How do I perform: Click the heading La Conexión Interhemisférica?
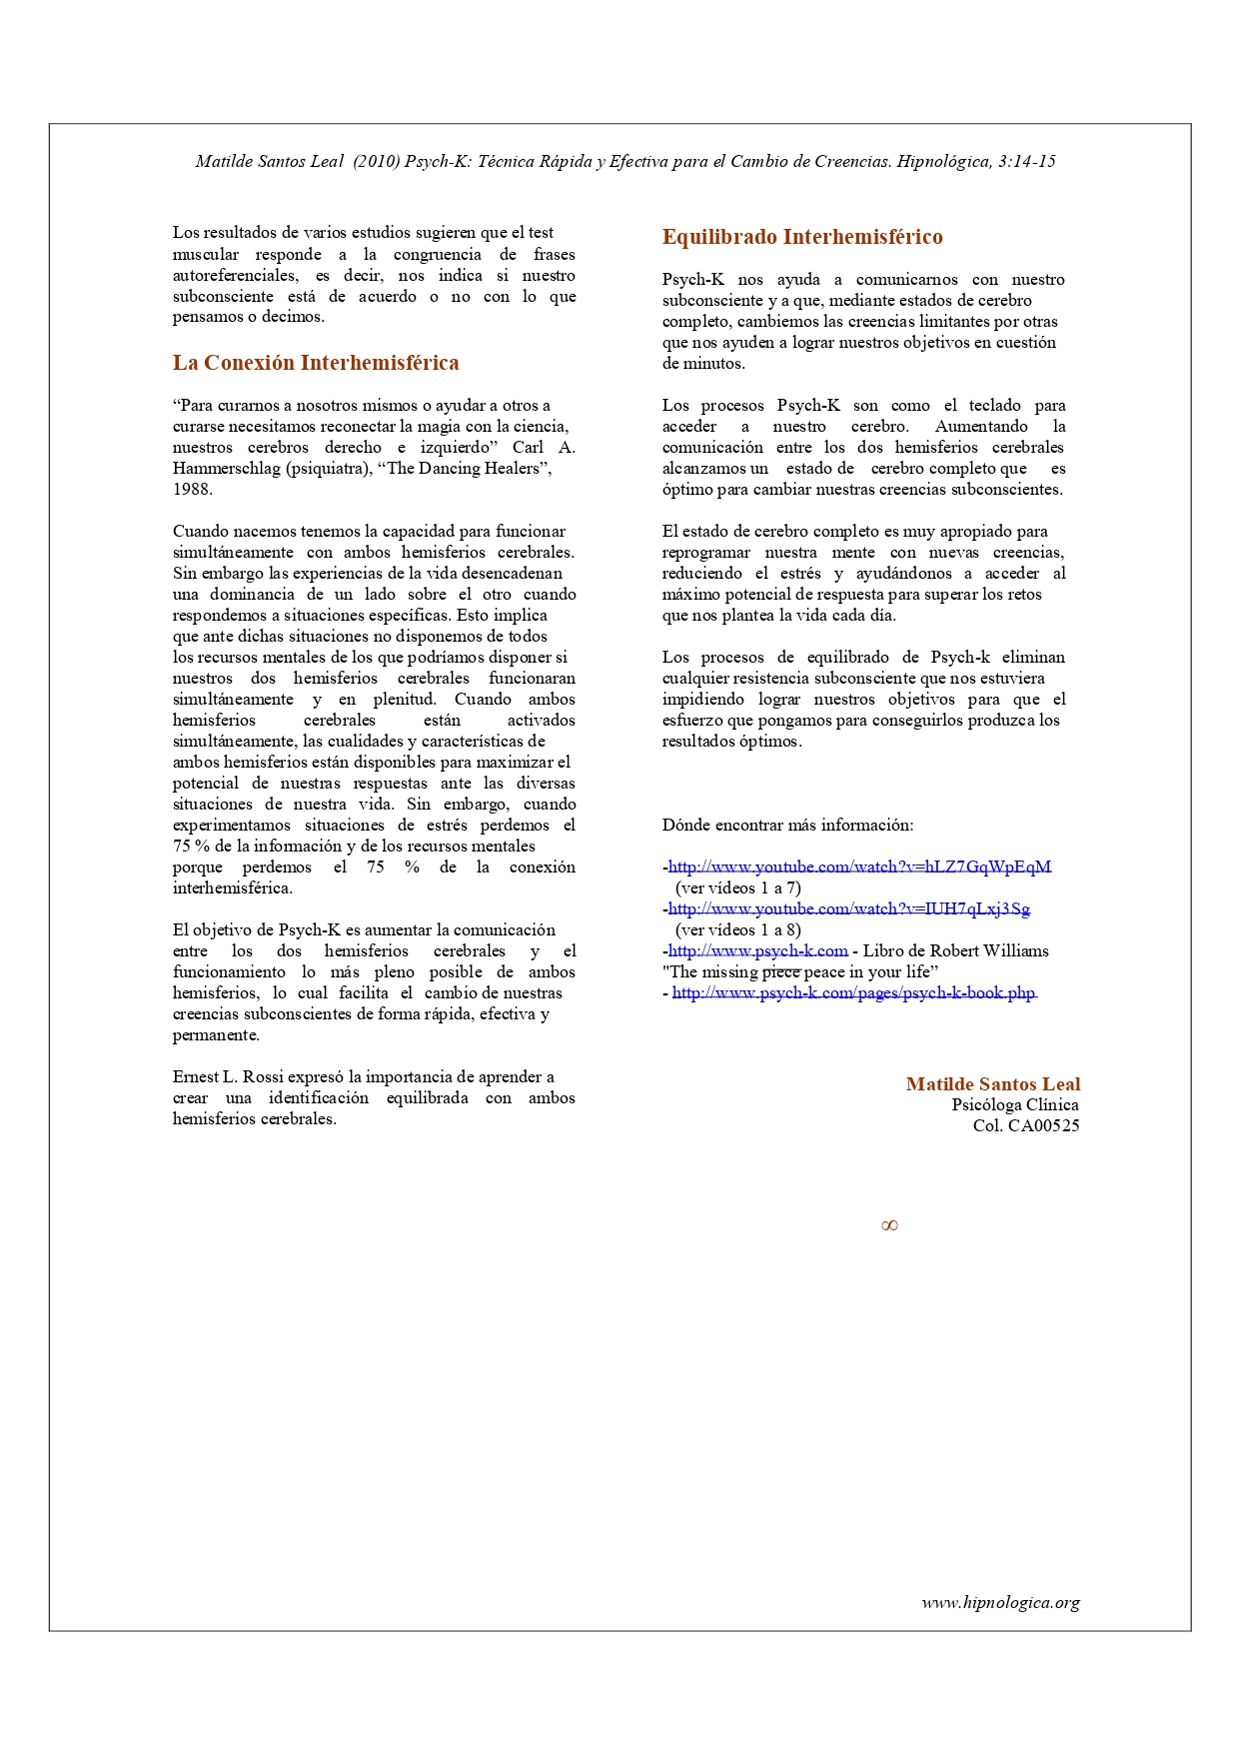tap(316, 363)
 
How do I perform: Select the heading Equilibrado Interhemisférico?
tap(802, 237)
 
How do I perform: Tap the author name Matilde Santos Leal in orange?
tap(992, 1084)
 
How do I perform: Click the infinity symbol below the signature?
tap(889, 1226)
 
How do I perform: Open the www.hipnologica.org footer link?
tap(1000, 1603)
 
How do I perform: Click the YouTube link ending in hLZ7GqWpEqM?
tap(859, 867)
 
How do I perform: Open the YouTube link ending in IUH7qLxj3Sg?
tap(848, 908)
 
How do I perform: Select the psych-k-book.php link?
tap(854, 992)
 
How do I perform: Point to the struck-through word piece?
tap(781, 971)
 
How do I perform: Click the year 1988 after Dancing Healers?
tap(192, 490)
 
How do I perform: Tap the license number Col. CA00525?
tap(1026, 1126)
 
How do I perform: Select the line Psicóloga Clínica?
tap(1014, 1105)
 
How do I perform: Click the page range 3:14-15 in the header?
tap(1026, 162)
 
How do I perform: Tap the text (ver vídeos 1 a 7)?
tap(738, 887)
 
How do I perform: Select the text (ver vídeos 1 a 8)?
tap(738, 929)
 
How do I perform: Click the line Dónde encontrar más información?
tap(787, 826)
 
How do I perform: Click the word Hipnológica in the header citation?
tap(942, 162)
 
